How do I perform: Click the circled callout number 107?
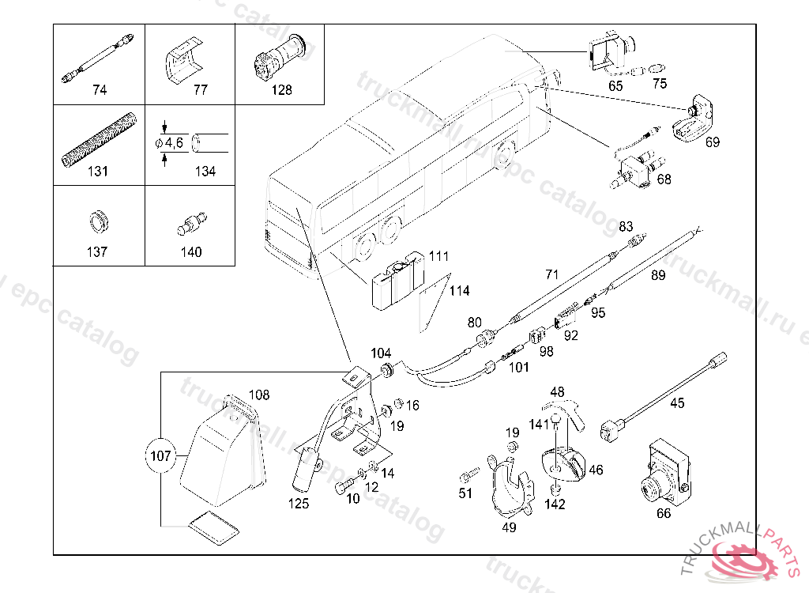(160, 455)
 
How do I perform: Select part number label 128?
(281, 90)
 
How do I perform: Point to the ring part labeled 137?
(96, 221)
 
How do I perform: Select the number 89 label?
(658, 275)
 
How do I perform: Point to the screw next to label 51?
(468, 477)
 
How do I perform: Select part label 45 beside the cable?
(678, 403)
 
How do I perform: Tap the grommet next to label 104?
(388, 371)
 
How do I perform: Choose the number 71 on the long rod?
(552, 274)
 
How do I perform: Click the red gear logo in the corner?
(747, 560)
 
